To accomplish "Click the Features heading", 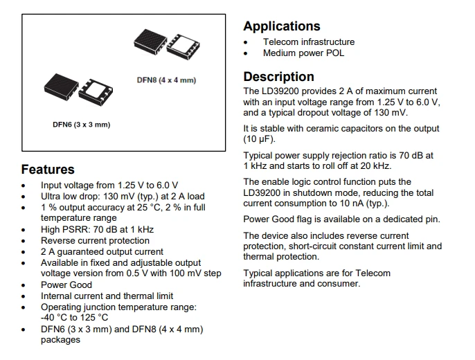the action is [x=48, y=169].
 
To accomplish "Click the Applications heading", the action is [x=282, y=26].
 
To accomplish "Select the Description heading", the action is [x=278, y=77].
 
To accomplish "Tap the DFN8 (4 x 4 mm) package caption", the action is [x=166, y=80].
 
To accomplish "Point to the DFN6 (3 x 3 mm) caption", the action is [x=82, y=125].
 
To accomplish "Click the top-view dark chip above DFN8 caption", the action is [x=150, y=42].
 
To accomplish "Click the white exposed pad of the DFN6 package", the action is [x=96, y=90].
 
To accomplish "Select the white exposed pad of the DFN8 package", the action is [x=183, y=46].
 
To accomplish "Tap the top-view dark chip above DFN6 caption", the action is [x=61, y=85].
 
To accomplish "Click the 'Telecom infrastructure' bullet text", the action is [x=309, y=42].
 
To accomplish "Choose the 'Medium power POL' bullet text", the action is [x=303, y=53].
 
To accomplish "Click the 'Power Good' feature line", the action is [x=66, y=285].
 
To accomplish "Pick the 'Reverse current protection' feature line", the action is [x=95, y=241].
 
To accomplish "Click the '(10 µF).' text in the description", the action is [x=259, y=139].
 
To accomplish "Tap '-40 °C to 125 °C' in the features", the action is [x=74, y=318].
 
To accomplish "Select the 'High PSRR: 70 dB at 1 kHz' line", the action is [x=97, y=230].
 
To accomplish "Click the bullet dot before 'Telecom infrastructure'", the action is [x=245, y=42].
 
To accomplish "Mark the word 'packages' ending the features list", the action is [x=61, y=340].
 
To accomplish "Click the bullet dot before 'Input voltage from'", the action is [x=24, y=186].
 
